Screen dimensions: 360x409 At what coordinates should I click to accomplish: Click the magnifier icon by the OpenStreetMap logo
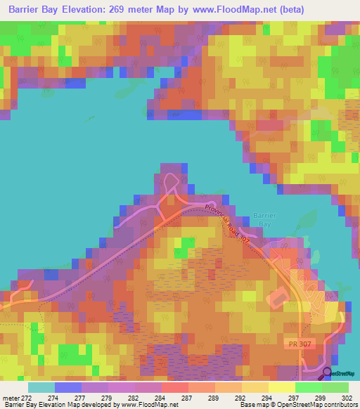(x=328, y=372)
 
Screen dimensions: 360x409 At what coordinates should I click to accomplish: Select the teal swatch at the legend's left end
(x=41, y=387)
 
